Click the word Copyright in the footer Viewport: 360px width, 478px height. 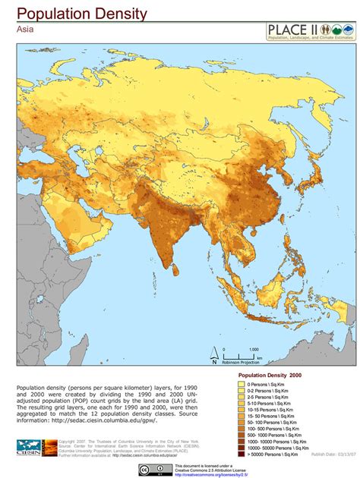[68, 440]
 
